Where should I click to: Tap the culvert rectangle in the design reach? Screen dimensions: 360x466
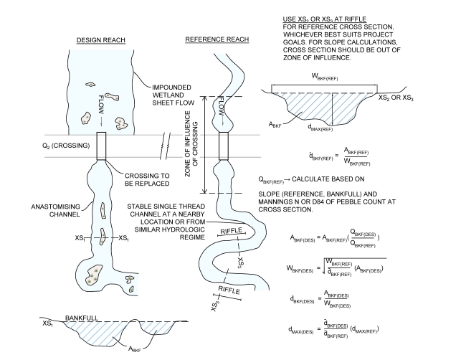[100, 146]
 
